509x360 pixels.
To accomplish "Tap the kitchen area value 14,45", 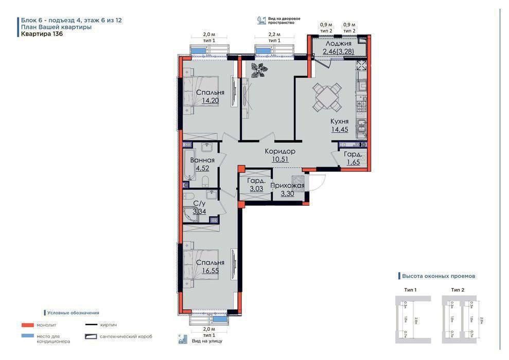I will click(x=339, y=130).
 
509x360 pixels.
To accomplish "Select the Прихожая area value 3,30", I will click(x=287, y=194).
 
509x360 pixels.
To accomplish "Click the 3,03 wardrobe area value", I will click(x=256, y=189).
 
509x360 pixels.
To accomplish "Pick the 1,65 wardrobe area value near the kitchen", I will click(x=353, y=163).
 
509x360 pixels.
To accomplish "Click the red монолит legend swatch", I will click(x=27, y=325).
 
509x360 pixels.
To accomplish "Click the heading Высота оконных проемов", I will click(x=438, y=276).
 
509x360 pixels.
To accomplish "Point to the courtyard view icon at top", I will click(x=261, y=21).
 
